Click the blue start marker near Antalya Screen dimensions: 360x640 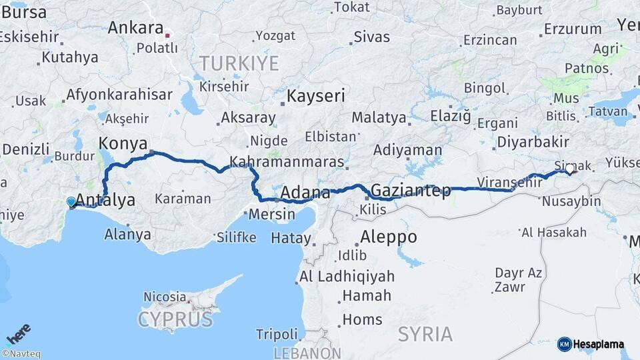[x=71, y=201]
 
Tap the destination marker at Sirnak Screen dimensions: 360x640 [x=570, y=169]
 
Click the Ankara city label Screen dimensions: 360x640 [x=135, y=28]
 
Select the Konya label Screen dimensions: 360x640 [x=120, y=143]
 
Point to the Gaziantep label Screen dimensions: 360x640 [x=411, y=191]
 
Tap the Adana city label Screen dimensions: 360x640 [x=305, y=193]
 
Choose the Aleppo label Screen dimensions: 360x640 [x=389, y=237]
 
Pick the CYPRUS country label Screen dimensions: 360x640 [x=175, y=319]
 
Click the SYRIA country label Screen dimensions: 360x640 [x=425, y=334]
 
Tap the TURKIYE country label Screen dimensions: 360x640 [x=239, y=64]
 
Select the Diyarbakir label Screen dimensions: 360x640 [x=533, y=141]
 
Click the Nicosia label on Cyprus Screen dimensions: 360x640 [x=165, y=297]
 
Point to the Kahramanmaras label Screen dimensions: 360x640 [x=287, y=162]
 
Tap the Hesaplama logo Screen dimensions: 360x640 [x=591, y=344]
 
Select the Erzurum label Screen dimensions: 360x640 [x=573, y=29]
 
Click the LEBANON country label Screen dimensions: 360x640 [x=307, y=353]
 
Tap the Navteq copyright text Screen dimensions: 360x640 [x=21, y=354]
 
